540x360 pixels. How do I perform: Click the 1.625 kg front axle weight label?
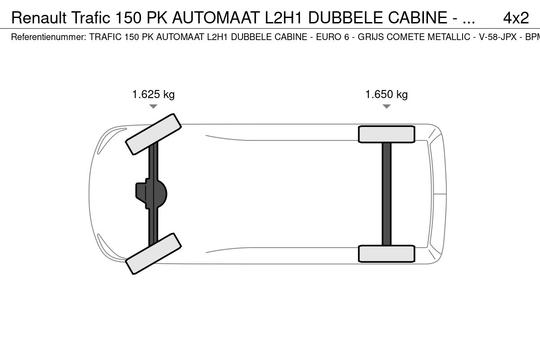pyautogui.click(x=153, y=94)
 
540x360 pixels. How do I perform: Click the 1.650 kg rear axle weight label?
pyautogui.click(x=387, y=94)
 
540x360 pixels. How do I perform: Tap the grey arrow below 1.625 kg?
pyautogui.click(x=153, y=106)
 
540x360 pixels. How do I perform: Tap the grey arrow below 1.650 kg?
pyautogui.click(x=387, y=106)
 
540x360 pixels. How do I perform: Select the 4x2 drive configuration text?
pyautogui.click(x=516, y=18)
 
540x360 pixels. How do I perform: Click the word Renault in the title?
pyautogui.click(x=39, y=18)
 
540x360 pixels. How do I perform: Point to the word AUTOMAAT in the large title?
pyautogui.click(x=216, y=18)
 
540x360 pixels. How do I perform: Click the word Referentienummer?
pyautogui.click(x=49, y=37)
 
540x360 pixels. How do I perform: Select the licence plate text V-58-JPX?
pyautogui.click(x=498, y=37)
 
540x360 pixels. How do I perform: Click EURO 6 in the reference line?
pyautogui.click(x=333, y=37)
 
